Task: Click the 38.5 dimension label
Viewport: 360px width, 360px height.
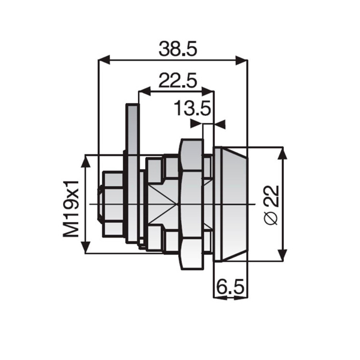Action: click(178, 49)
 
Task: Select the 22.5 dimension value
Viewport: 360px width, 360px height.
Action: click(178, 80)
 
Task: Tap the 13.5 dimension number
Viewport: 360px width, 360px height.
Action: click(192, 108)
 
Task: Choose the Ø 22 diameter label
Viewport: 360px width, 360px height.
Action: click(271, 205)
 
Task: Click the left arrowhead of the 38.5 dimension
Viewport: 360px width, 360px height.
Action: click(104, 60)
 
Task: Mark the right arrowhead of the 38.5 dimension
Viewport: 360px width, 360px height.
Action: click(242, 60)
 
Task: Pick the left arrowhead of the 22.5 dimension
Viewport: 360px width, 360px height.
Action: click(145, 91)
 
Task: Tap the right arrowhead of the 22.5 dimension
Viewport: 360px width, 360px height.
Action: click(208, 91)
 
